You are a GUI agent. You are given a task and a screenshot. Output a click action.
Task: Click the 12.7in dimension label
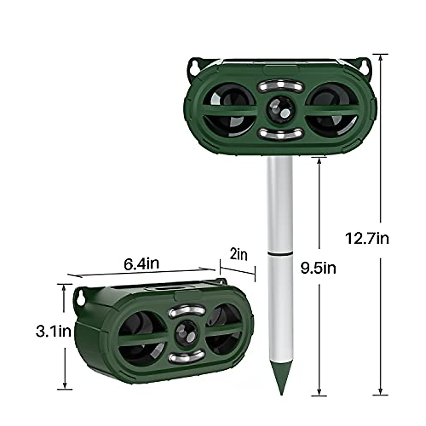click(x=367, y=238)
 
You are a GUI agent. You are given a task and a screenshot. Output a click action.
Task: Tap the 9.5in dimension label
click(x=318, y=268)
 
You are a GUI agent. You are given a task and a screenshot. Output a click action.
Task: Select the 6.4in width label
click(x=141, y=263)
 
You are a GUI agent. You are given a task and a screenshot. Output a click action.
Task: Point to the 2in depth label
click(x=239, y=255)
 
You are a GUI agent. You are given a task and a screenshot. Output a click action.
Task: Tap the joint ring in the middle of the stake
click(x=280, y=253)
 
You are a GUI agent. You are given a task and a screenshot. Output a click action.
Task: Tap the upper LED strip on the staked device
click(x=280, y=86)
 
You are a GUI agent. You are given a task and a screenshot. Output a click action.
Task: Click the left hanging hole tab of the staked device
click(x=196, y=67)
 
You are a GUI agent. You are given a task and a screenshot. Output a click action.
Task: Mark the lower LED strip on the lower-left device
click(x=187, y=356)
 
